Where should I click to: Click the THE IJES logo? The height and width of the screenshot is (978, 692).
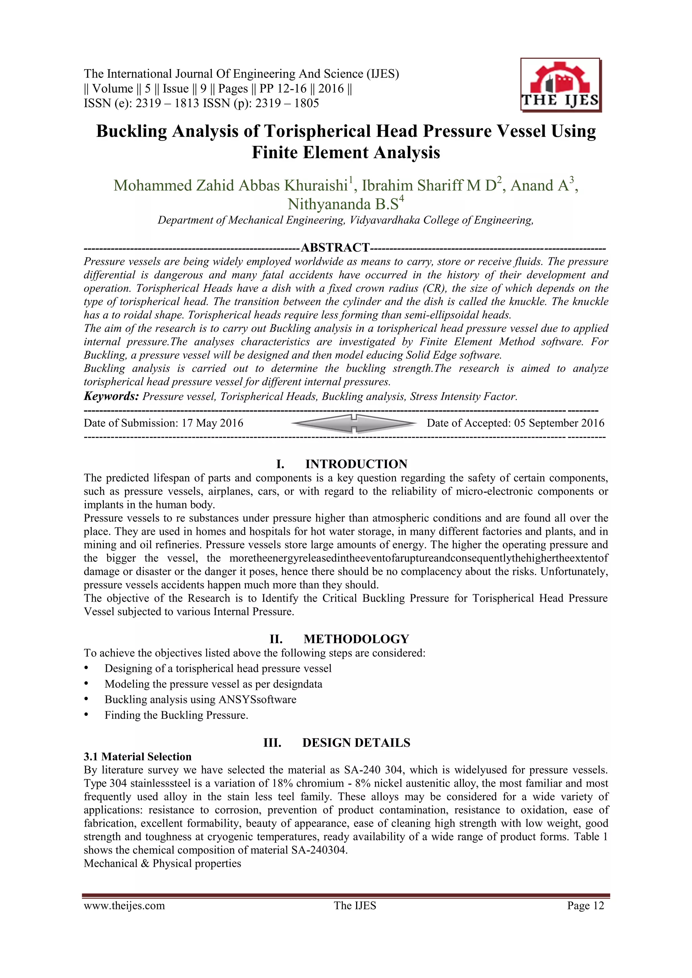(560, 85)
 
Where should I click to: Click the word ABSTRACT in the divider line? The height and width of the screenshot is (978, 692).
(335, 248)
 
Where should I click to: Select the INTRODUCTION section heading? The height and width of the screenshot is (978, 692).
(356, 464)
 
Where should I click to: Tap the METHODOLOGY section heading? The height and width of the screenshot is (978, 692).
(356, 639)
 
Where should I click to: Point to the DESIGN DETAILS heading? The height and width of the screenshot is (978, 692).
(356, 743)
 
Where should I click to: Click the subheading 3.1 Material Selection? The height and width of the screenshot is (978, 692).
(138, 756)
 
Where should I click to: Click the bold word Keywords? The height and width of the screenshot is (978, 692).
(111, 396)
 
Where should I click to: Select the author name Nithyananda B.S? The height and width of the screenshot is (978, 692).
(343, 204)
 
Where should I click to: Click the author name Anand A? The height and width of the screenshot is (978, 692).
(540, 186)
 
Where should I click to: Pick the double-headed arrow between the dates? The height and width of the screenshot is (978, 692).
(354, 423)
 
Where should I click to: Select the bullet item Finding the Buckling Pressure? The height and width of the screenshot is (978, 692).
(176, 715)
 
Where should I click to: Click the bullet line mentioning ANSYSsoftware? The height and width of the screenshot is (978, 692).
(200, 699)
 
